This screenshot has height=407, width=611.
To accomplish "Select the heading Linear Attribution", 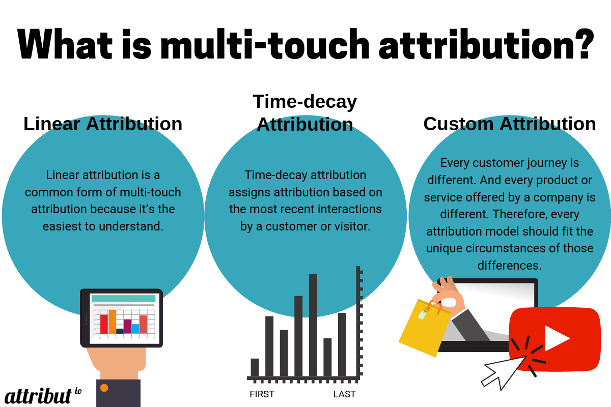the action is pyautogui.click(x=103, y=124).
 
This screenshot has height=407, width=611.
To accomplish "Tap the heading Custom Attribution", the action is pyautogui.click(x=510, y=124).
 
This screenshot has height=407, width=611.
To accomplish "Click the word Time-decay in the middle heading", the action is pyautogui.click(x=304, y=102).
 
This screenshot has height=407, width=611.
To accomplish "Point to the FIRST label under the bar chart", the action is pyautogui.click(x=262, y=394).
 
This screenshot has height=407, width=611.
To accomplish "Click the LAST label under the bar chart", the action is pyautogui.click(x=345, y=394).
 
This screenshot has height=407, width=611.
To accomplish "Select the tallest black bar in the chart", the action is pyautogui.click(x=313, y=325).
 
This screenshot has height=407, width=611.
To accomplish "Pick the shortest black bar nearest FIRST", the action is pyautogui.click(x=255, y=367).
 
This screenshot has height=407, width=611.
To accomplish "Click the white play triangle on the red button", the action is pyautogui.click(x=557, y=338).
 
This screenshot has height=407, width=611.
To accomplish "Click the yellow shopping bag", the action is pyautogui.click(x=425, y=328).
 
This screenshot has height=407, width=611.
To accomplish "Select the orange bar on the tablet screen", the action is pyautogui.click(x=113, y=322).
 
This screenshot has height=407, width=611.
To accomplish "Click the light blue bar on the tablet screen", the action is pyautogui.click(x=135, y=329).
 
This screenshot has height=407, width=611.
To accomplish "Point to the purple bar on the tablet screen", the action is pyautogui.click(x=128, y=326).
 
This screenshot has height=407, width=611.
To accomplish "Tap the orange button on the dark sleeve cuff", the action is pyautogui.click(x=104, y=388).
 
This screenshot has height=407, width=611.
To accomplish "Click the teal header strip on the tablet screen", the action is pyautogui.click(x=123, y=298).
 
